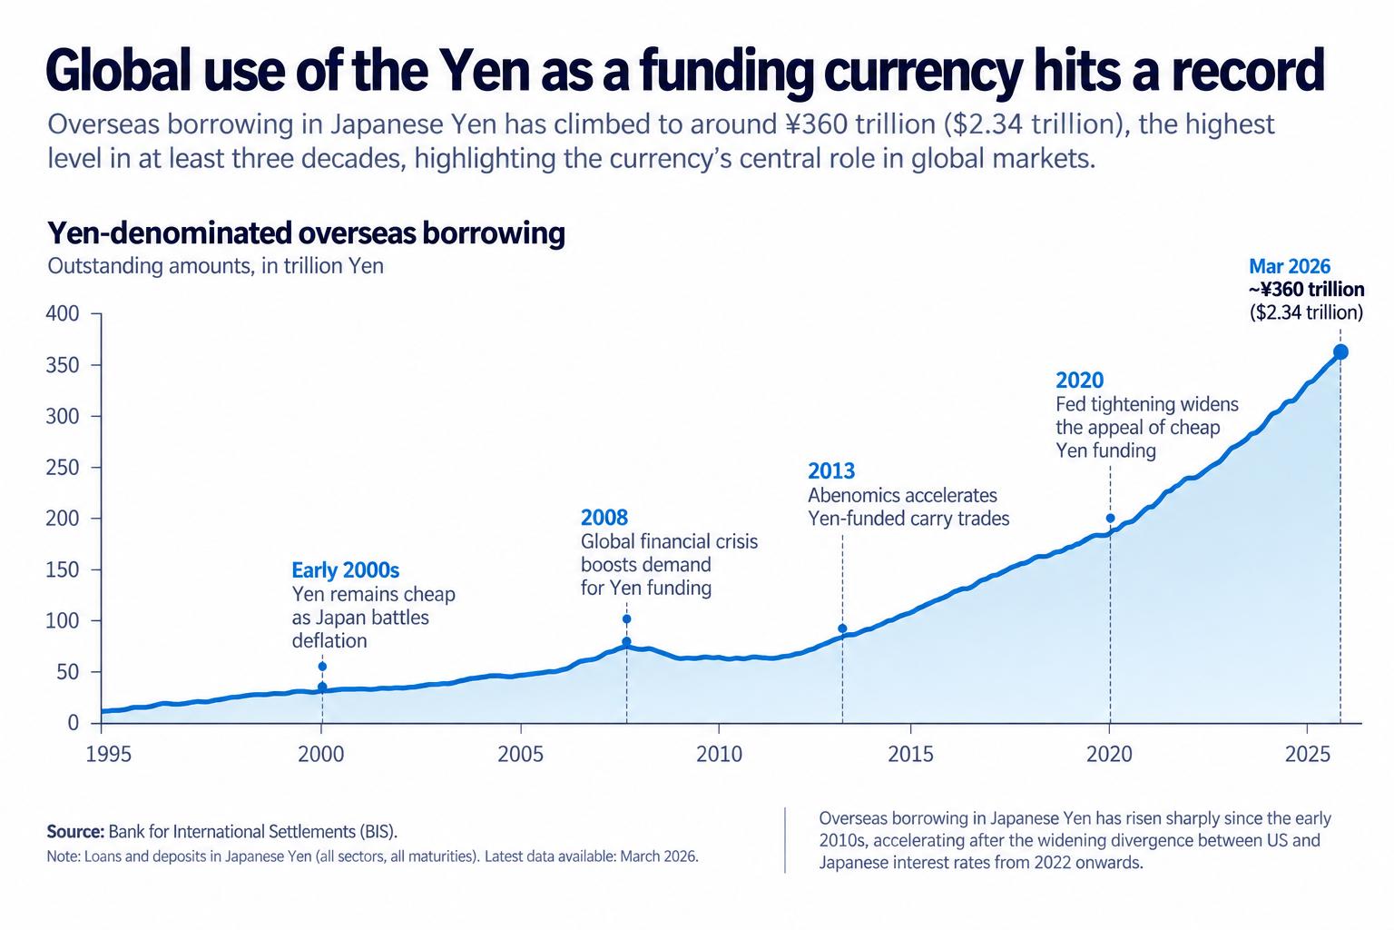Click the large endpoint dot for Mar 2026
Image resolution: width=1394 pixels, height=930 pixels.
(x=1340, y=352)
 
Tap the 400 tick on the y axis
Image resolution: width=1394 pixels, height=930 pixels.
(x=63, y=313)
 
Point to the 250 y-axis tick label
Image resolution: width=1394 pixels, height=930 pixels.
(x=63, y=467)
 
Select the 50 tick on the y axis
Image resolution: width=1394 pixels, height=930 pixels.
(x=67, y=671)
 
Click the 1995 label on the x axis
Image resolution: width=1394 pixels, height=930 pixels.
(x=108, y=755)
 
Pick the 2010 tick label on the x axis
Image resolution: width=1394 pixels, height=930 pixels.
(x=719, y=755)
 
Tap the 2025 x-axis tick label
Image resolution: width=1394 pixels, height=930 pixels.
(x=1308, y=755)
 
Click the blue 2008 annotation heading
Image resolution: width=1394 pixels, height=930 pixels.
(x=604, y=517)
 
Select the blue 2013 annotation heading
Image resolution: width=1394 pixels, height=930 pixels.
(x=831, y=470)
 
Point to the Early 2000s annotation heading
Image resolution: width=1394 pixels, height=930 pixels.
(x=346, y=570)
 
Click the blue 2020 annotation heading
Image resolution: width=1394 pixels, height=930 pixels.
(x=1080, y=380)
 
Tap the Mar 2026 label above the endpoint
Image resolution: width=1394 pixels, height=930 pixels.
(x=1290, y=267)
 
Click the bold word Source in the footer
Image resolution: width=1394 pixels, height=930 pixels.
(x=75, y=832)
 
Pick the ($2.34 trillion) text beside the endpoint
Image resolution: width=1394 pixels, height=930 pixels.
(x=1306, y=312)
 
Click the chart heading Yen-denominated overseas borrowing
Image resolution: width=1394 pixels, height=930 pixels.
(x=306, y=233)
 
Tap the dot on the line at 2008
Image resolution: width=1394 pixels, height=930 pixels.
(x=627, y=641)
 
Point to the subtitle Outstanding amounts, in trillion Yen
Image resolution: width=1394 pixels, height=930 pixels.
(x=215, y=266)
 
